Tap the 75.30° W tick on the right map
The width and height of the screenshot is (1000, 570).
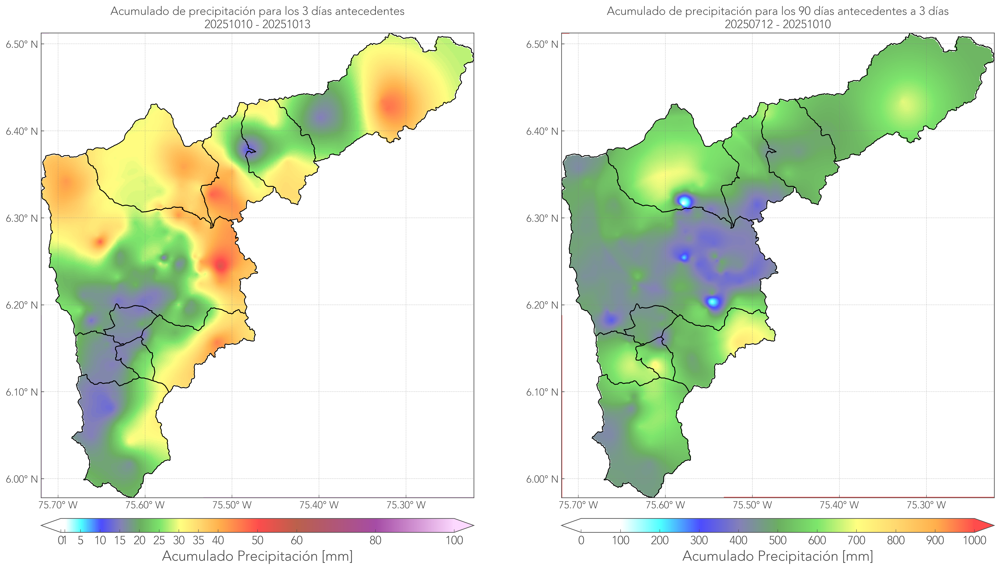926,505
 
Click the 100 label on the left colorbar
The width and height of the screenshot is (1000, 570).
454,540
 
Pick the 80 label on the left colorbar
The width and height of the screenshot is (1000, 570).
375,540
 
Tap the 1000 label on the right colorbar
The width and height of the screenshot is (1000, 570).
974,540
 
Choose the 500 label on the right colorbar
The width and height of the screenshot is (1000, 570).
778,540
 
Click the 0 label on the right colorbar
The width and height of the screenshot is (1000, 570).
581,540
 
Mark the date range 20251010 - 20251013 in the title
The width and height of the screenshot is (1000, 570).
257,24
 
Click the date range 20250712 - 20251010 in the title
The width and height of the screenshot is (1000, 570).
778,24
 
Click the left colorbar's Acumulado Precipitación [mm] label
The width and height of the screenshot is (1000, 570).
257,556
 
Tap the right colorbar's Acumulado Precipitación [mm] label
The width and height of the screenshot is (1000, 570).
778,556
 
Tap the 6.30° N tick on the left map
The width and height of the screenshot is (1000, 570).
22,218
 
